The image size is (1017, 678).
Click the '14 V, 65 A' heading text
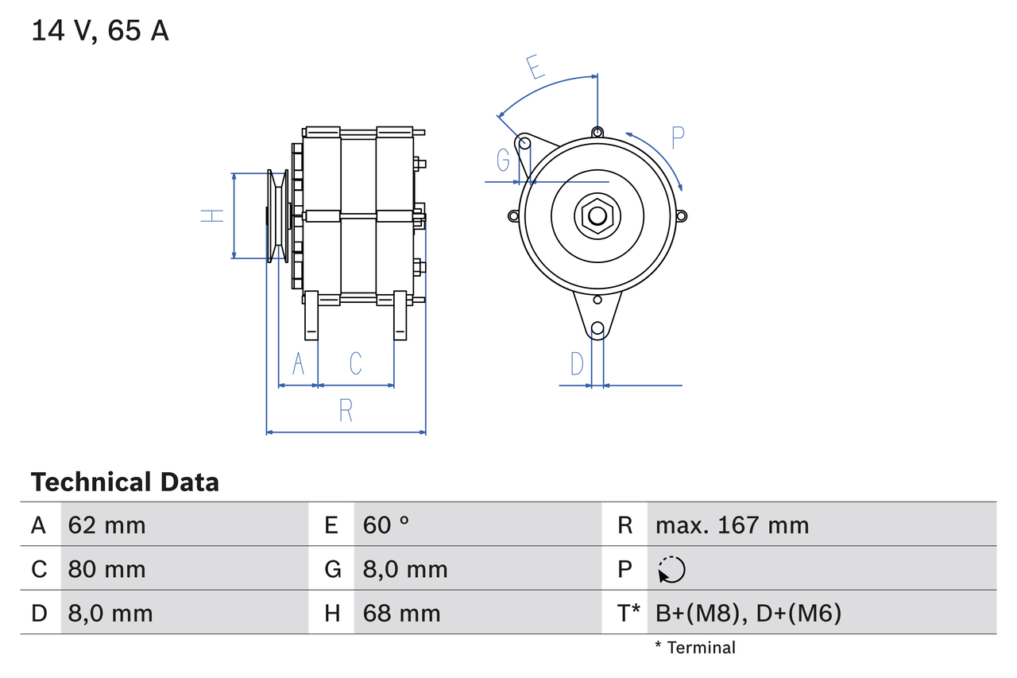[x=100, y=31]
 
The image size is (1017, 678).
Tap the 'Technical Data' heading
[x=125, y=482]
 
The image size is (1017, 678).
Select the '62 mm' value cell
[x=106, y=525]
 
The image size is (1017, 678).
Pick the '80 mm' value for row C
[x=106, y=569]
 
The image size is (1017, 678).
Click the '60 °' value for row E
[x=386, y=525]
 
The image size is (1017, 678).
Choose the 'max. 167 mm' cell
[x=732, y=525]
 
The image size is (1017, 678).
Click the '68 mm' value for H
[x=401, y=613]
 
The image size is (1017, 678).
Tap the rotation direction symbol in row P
[x=671, y=569]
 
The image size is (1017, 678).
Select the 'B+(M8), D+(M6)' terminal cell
[x=748, y=613]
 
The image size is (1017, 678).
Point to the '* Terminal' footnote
[x=695, y=647]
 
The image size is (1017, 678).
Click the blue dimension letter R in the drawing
[x=346, y=411]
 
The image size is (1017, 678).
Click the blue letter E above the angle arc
[x=537, y=67]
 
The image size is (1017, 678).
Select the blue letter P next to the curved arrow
[x=677, y=138]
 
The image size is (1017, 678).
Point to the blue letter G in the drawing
[x=503, y=160]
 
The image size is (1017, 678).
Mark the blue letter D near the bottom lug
[x=578, y=364]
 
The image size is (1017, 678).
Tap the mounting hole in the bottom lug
[x=597, y=328]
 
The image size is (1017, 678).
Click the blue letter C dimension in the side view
[x=355, y=363]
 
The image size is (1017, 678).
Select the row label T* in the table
[x=629, y=613]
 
